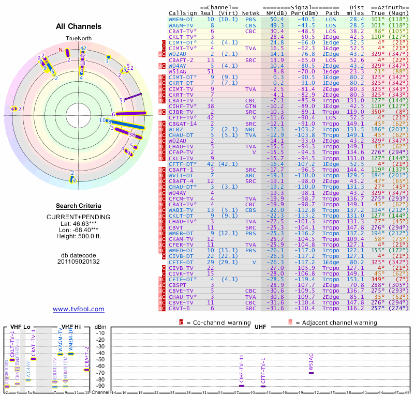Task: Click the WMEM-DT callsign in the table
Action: click(x=181, y=19)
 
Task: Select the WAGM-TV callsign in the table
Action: click(x=181, y=25)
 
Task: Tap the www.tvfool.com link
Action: click(x=79, y=309)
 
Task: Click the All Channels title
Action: click(x=79, y=26)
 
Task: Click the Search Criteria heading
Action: click(x=79, y=206)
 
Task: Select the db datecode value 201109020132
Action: click(x=79, y=262)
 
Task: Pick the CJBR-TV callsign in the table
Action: click(x=181, y=111)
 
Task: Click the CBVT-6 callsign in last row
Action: click(x=179, y=308)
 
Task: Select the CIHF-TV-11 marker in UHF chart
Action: click(x=242, y=386)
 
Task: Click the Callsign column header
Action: click(x=181, y=13)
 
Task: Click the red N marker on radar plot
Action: click(x=61, y=50)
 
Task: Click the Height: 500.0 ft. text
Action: click(x=79, y=237)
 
